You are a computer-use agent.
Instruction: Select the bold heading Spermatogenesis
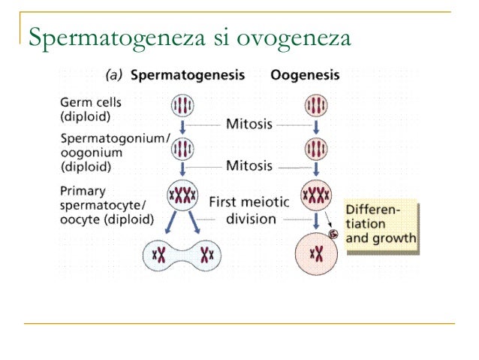tap(188, 76)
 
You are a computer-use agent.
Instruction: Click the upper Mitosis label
tap(249, 123)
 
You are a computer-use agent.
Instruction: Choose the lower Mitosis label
tap(249, 165)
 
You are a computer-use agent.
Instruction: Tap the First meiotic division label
tap(248, 210)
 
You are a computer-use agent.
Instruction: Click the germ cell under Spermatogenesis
tap(182, 105)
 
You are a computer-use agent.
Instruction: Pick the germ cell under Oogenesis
tap(316, 104)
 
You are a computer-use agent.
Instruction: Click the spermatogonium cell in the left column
tap(182, 148)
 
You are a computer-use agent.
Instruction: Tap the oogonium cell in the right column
tap(316, 147)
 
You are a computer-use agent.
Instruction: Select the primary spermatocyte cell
tap(182, 196)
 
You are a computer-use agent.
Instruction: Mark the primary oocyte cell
tap(316, 196)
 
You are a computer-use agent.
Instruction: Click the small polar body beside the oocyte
tap(333, 234)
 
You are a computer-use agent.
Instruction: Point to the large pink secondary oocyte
tap(316, 255)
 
